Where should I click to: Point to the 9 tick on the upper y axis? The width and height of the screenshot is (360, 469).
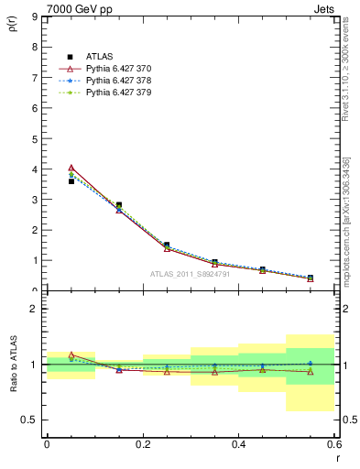(34, 17)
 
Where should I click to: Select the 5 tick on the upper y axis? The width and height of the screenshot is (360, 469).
(34, 139)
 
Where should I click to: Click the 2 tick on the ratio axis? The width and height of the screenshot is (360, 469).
(34, 310)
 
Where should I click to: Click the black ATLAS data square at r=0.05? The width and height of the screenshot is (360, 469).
(71, 181)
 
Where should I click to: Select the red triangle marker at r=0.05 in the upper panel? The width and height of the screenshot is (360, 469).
(71, 168)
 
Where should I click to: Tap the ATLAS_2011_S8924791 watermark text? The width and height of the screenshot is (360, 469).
(190, 274)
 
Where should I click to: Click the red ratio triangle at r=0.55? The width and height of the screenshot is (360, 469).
(311, 372)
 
